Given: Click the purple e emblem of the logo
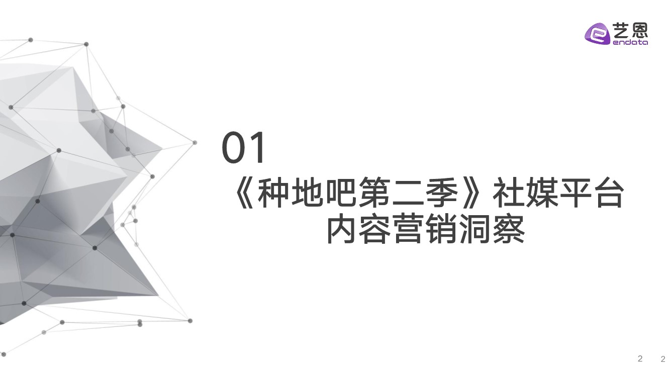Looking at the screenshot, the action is click(597, 34).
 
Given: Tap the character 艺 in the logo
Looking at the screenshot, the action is click(621, 31).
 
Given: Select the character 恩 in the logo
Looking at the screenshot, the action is click(639, 31).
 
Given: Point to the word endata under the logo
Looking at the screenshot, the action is click(630, 42).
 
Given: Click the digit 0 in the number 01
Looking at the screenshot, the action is click(234, 148).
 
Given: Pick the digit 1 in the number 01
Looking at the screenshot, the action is click(257, 148).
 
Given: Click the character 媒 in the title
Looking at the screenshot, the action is click(541, 193).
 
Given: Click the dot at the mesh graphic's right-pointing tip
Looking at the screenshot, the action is click(195, 143).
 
